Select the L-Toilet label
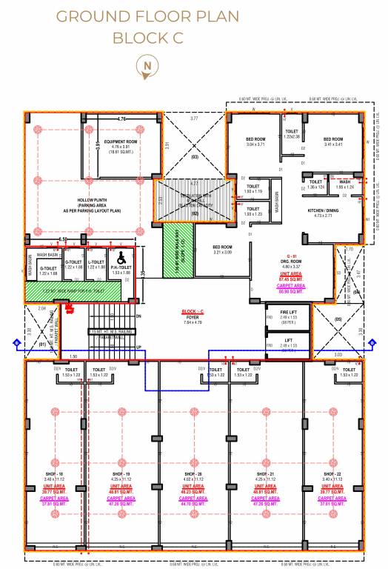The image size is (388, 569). point(95,263)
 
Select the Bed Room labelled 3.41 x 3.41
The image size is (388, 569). point(333,142)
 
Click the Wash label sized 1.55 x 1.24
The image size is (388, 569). point(345,183)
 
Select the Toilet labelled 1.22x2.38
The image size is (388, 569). point(292,133)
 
